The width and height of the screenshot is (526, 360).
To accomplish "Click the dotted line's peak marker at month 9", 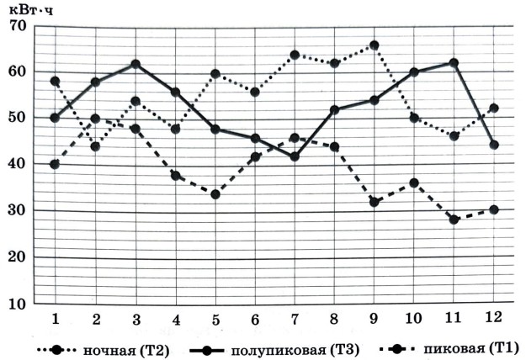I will pyautogui.click(x=375, y=45).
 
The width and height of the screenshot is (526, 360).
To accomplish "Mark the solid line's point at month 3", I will pyautogui.click(x=135, y=64).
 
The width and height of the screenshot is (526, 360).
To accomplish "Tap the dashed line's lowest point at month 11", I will pyautogui.click(x=454, y=220).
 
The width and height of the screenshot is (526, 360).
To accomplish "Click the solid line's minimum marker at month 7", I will pyautogui.click(x=295, y=156).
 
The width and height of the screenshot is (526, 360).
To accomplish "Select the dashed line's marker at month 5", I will pyautogui.click(x=215, y=194).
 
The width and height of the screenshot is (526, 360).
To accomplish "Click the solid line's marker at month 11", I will pyautogui.click(x=454, y=63).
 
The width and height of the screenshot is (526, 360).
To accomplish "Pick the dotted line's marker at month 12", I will pyautogui.click(x=494, y=109).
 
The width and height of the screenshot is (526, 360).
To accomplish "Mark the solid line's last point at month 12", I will pyautogui.click(x=494, y=145).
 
